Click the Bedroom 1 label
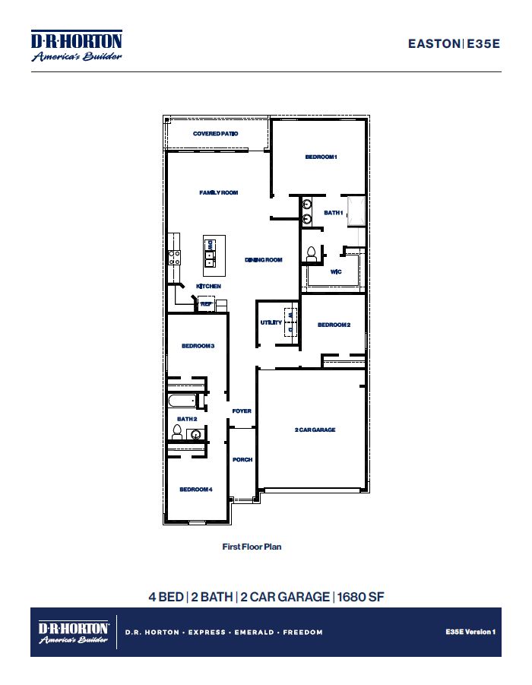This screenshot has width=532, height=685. click(321, 157)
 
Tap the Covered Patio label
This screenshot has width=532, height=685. click(216, 134)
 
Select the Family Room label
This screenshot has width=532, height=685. click(219, 193)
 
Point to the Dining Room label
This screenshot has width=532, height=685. click(264, 260)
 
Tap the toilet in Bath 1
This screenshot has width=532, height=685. click(310, 253)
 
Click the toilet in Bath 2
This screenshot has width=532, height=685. click(176, 433)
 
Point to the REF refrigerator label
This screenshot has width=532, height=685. click(205, 303)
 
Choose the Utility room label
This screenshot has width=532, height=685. click(271, 322)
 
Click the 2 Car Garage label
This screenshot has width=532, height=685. click(315, 430)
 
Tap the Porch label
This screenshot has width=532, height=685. click(242, 460)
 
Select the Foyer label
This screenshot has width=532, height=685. click(242, 411)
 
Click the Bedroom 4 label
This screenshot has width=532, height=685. click(195, 490)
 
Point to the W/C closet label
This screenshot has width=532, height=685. click(335, 271)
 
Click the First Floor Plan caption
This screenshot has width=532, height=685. click(252, 547)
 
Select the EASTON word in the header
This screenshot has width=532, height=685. click(434, 44)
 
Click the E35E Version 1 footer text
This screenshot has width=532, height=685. click(470, 632)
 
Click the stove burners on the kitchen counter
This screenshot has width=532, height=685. click(173, 257)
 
